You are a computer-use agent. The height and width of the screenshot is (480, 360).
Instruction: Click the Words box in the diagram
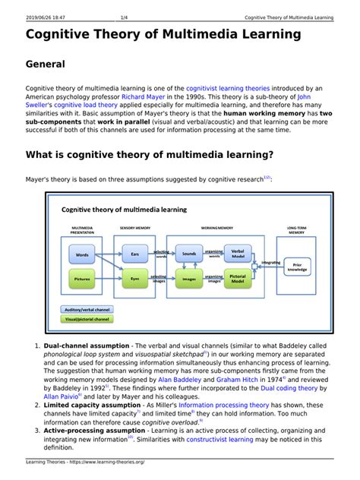(83, 255)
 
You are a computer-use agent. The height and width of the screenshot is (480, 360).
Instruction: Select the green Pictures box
(83, 279)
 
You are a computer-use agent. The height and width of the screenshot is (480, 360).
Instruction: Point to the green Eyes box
(135, 279)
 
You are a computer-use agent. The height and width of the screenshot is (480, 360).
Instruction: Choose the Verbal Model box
(238, 253)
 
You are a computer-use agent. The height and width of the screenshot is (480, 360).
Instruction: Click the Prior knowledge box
(297, 267)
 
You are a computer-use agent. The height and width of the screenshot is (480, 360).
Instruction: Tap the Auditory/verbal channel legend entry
(87, 310)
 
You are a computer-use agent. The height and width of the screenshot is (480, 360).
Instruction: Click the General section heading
(46, 65)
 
